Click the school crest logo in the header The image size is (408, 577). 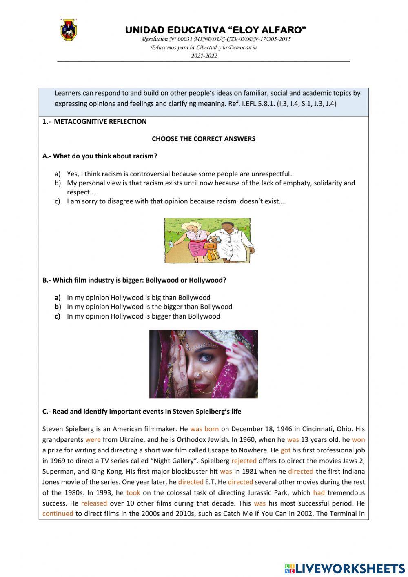[69, 30]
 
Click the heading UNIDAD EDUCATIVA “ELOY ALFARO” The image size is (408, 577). [215, 30]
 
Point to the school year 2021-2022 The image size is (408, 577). [204, 56]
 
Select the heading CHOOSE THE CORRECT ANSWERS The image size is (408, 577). [203, 139]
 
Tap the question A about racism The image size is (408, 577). [100, 156]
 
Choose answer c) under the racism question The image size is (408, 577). [176, 201]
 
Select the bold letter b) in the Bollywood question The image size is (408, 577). [58, 307]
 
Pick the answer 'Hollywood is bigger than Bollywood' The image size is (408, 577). [143, 316]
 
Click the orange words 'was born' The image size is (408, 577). [204, 429]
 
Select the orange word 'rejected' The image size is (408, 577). [244, 461]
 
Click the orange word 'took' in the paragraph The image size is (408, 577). [133, 492]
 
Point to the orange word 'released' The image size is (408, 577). [94, 503]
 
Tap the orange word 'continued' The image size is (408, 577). [58, 514]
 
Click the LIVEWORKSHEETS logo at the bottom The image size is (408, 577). [345, 568]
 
